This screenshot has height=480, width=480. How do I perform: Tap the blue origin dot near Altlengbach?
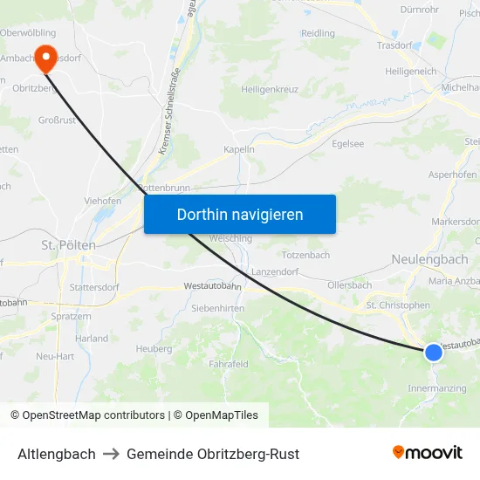pyautogui.click(x=434, y=352)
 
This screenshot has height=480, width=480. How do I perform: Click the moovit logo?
pyautogui.click(x=427, y=453)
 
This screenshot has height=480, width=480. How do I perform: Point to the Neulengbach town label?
pyautogui.click(x=430, y=259)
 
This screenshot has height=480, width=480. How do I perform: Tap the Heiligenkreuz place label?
pyautogui.click(x=271, y=89)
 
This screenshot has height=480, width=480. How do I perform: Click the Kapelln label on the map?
pyautogui.click(x=238, y=149)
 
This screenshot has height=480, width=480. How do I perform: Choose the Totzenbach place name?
pyautogui.click(x=305, y=255)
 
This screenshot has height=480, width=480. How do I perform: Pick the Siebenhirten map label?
pyautogui.click(x=218, y=308)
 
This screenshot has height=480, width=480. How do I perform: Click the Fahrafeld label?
pyautogui.click(x=229, y=364)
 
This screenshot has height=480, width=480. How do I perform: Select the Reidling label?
pyautogui.click(x=318, y=33)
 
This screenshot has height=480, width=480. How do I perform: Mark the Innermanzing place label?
pyautogui.click(x=436, y=387)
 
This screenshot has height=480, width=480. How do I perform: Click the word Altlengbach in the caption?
pyautogui.click(x=57, y=454)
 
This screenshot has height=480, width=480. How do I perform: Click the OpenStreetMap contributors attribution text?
pyautogui.click(x=93, y=415)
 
